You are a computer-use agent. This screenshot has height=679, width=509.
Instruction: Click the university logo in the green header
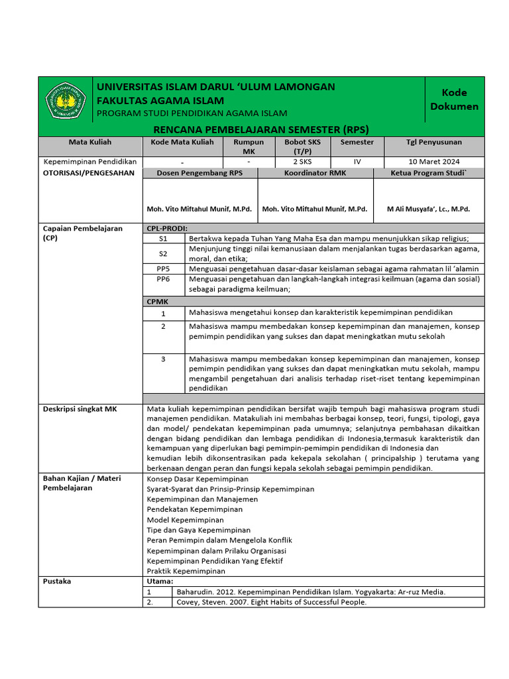(x=65, y=101)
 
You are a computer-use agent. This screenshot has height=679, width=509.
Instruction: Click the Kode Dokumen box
(x=454, y=99)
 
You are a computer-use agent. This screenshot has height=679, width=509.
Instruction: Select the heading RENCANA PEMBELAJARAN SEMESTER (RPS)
(x=260, y=129)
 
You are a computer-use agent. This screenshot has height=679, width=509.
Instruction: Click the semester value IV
(x=357, y=162)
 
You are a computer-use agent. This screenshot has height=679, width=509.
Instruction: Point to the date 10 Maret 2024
(x=434, y=162)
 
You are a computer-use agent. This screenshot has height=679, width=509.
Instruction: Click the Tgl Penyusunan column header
(x=434, y=143)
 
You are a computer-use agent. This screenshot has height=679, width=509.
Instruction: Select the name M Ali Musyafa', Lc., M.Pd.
(x=428, y=209)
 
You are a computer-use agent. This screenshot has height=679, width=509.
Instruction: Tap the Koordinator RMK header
(x=315, y=173)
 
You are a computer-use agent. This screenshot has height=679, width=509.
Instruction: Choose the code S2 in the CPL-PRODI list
(x=163, y=253)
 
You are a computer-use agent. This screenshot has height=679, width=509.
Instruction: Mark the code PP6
(x=163, y=279)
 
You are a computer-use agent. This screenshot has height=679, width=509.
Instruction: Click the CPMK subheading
(x=156, y=301)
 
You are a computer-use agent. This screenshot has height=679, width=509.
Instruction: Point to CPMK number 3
(x=163, y=359)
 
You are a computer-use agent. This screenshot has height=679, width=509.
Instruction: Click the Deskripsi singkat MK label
(x=80, y=410)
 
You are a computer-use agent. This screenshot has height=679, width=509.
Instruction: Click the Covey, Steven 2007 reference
(x=271, y=602)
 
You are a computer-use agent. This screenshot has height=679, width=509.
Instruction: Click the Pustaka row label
(x=57, y=582)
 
